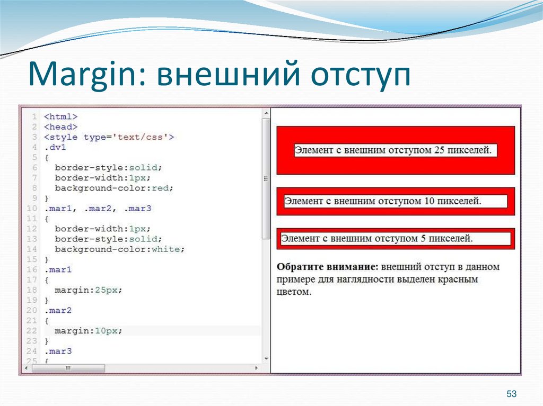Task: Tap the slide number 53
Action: (512, 394)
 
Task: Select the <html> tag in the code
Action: (61, 116)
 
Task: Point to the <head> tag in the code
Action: (61, 127)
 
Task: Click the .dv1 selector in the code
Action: (55, 147)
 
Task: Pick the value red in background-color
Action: (163, 188)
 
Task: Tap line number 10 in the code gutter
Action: (31, 209)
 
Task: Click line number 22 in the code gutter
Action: (31, 331)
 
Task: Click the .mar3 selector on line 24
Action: (58, 351)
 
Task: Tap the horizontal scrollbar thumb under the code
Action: (68, 368)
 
